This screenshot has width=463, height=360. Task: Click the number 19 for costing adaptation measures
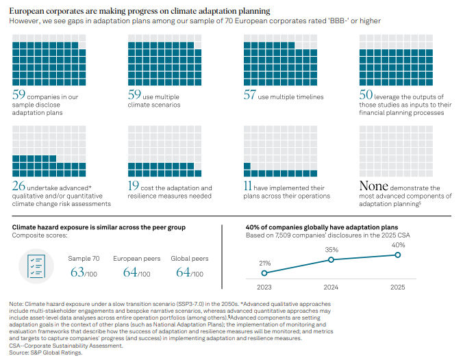click(x=134, y=185)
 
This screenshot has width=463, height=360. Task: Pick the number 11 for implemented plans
click(x=249, y=185)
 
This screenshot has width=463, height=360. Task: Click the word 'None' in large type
click(x=375, y=185)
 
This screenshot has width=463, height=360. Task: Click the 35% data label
click(x=331, y=250)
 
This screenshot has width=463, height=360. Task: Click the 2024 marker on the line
click(x=331, y=259)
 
